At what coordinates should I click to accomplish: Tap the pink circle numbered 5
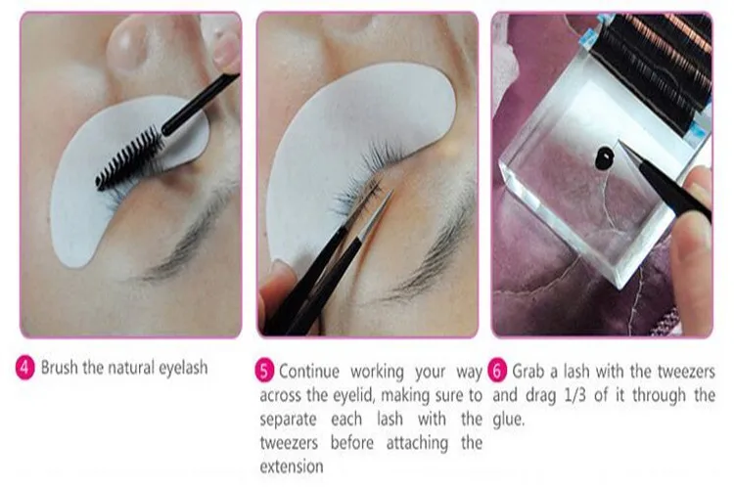tap(265, 371)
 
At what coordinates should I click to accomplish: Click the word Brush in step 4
tap(64, 369)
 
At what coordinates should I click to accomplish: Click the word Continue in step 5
tap(311, 371)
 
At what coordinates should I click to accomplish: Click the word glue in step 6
tap(510, 419)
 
